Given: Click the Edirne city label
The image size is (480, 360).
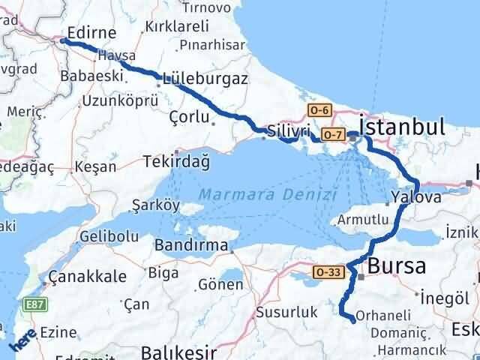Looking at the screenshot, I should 91,32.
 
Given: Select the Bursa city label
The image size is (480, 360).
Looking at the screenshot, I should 397,266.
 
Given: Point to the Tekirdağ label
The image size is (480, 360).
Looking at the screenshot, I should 178,162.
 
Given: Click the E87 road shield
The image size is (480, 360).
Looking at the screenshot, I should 34,305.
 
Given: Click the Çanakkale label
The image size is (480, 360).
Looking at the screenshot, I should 86,277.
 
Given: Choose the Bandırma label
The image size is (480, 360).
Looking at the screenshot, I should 191,245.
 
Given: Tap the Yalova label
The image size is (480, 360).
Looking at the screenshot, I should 415,199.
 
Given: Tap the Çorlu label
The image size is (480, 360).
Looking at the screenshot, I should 187,117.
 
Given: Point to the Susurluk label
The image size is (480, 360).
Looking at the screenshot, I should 283,310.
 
